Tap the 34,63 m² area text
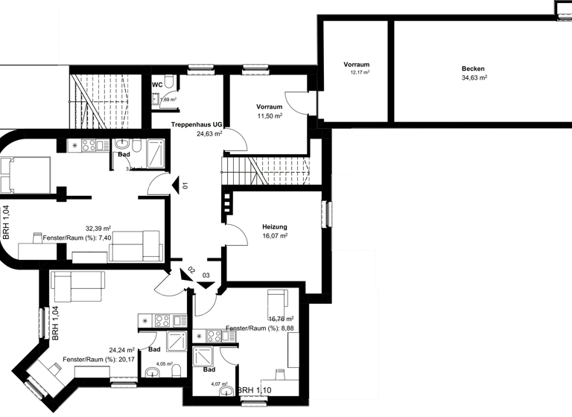tap(474, 77)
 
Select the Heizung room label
tap(275, 226)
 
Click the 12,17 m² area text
tap(360, 73)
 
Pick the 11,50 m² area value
tap(269, 116)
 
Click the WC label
tap(157, 86)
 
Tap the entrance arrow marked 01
tap(174, 185)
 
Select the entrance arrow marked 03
tap(206, 284)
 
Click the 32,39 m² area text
tap(98, 229)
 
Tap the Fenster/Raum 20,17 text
tap(99, 360)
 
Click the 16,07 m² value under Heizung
tap(275, 235)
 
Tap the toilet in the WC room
tap(170, 82)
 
